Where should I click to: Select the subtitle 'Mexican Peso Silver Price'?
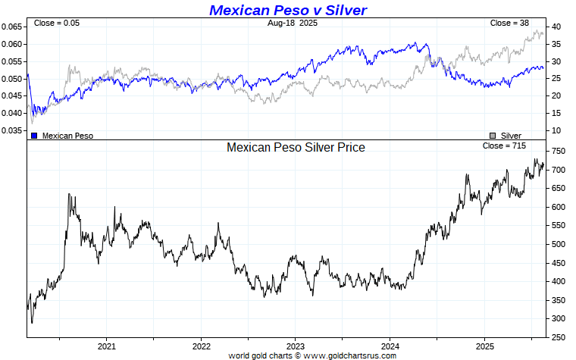[296, 147]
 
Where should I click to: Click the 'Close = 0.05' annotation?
[57, 23]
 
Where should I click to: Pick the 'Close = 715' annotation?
[503, 145]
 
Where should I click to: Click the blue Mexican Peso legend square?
[34, 136]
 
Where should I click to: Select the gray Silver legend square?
[493, 136]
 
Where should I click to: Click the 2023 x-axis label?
[295, 346]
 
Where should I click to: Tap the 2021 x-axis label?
[106, 346]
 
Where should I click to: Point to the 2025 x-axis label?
[484, 346]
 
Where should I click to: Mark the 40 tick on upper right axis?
[556, 27]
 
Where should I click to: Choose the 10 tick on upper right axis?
[556, 130]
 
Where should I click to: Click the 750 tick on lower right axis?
[559, 152]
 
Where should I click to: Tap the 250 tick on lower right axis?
[559, 337]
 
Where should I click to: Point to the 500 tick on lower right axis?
[559, 244]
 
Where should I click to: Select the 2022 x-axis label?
[201, 346]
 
